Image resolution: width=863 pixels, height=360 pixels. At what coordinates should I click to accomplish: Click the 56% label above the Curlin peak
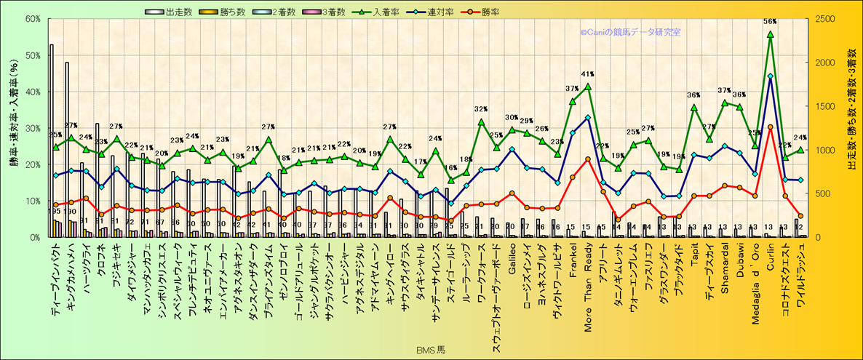(x=770, y=22)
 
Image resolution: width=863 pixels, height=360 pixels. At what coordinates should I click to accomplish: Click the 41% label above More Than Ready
(x=588, y=74)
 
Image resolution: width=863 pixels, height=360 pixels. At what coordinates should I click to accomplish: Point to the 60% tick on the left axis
(x=31, y=19)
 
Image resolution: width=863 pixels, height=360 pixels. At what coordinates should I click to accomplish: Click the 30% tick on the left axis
(x=31, y=128)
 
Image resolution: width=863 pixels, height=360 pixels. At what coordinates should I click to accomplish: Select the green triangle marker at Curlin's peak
(x=770, y=34)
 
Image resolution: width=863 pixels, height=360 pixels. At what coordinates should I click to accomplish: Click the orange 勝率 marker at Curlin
(x=770, y=127)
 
